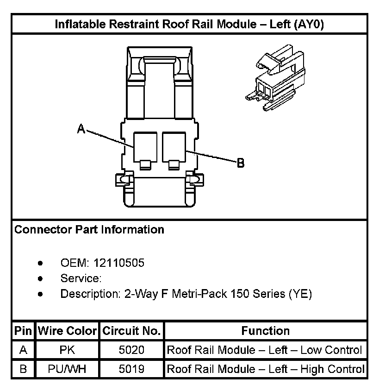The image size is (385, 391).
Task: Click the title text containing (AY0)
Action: tap(189, 25)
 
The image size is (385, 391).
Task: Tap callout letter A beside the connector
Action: tap(81, 129)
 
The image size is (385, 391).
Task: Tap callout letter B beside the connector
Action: tap(241, 163)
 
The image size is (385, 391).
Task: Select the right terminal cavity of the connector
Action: tap(174, 147)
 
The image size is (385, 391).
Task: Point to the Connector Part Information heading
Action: tap(89, 229)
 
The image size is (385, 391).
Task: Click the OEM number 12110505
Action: tap(119, 263)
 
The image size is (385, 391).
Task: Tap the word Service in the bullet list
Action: tap(80, 278)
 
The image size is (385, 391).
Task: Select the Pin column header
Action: tap(23, 331)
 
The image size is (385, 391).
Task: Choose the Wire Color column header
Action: tap(67, 331)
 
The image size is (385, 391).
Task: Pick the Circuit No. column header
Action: tap(131, 331)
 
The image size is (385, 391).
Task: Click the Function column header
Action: tap(266, 331)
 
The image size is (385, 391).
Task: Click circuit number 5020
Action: tap(131, 350)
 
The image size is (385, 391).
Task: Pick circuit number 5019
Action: tap(131, 369)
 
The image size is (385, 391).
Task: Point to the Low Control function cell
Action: tap(264, 350)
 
